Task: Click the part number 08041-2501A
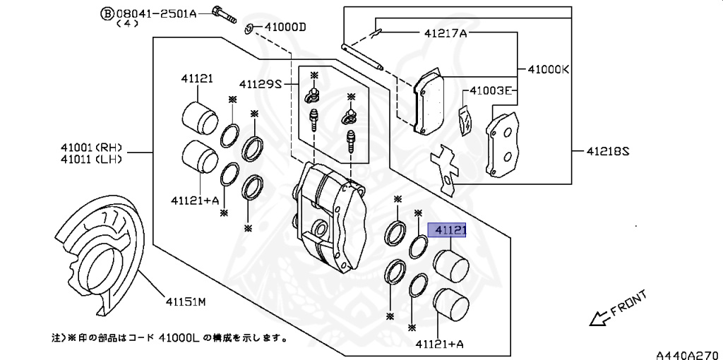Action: [x=156, y=14]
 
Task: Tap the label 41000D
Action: [x=285, y=28]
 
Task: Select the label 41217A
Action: [x=446, y=32]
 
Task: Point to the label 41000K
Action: [x=549, y=70]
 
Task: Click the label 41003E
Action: [x=491, y=90]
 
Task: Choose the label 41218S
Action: [x=608, y=151]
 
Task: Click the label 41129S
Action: [x=260, y=85]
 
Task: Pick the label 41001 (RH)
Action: [x=91, y=148]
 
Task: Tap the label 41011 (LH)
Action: [x=91, y=160]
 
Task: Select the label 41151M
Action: [x=186, y=302]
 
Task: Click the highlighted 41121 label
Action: [x=447, y=230]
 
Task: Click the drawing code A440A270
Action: [x=689, y=354]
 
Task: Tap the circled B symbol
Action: [x=107, y=14]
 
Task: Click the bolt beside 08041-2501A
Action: [x=224, y=14]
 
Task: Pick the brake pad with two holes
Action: [x=502, y=144]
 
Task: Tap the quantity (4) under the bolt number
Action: [x=127, y=24]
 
